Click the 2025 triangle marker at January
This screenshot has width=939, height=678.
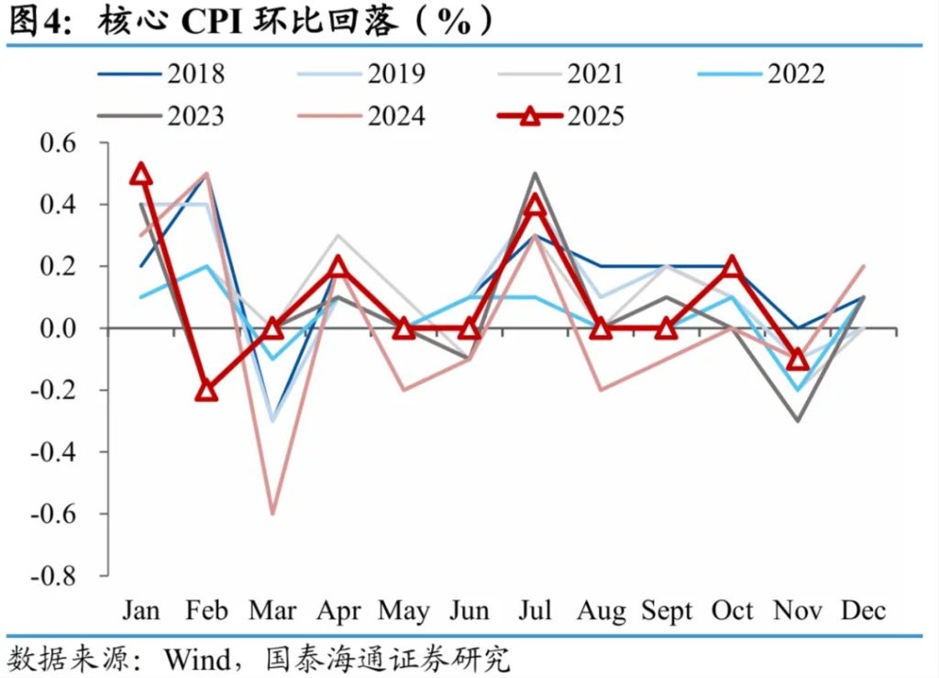[140, 173]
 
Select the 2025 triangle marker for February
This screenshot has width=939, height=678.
[206, 390]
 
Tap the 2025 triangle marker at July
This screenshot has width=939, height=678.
[535, 206]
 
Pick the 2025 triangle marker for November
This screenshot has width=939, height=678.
[798, 359]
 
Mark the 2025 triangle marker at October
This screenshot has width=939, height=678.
[732, 266]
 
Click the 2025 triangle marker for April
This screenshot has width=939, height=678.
[337, 266]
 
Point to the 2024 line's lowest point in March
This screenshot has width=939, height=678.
[272, 513]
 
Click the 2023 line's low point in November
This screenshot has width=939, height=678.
[798, 420]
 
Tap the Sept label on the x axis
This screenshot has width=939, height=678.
[667, 611]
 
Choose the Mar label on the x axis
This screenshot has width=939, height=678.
[271, 611]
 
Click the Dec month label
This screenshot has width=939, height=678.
[863, 611]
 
